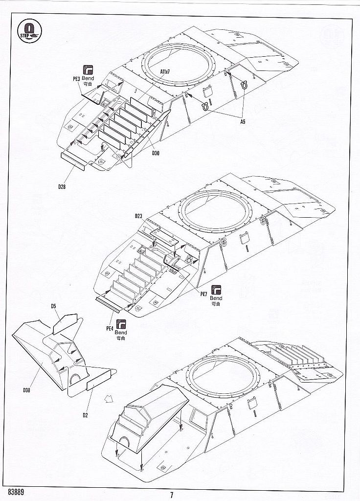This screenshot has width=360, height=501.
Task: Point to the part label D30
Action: [156, 154]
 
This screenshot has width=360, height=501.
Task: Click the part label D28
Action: [61, 186]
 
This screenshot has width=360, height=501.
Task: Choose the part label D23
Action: [138, 216]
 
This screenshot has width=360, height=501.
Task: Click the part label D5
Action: [54, 306]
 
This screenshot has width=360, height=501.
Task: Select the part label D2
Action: [85, 415]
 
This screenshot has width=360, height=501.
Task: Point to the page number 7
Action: [172, 494]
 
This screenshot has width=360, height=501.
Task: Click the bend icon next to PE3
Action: [88, 68]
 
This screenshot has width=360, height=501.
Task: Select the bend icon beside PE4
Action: [120, 323]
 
